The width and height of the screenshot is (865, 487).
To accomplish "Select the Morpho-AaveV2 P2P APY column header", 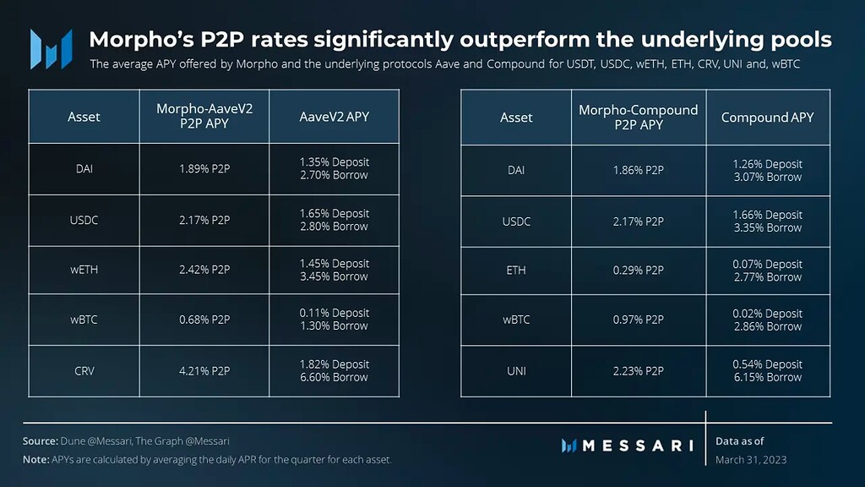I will coord(204,116).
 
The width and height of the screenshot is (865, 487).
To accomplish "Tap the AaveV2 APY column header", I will coord(334,117).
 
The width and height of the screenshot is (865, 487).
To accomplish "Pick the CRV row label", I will coord(84,371).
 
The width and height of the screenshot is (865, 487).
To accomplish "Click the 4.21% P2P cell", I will coord(204,371).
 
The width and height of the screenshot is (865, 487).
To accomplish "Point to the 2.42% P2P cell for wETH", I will coord(204,271).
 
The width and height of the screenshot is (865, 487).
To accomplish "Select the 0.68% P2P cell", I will coord(204,320).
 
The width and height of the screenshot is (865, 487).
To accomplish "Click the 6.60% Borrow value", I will coord(334,378).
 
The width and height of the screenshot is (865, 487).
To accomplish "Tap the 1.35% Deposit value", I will coord(334,161).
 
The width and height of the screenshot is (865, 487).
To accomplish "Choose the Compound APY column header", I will coord(767,118).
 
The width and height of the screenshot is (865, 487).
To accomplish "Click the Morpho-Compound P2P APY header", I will coord(638,118).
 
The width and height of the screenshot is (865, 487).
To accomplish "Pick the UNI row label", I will coord(516,371).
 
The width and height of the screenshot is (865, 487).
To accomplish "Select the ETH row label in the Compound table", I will coord(516,271).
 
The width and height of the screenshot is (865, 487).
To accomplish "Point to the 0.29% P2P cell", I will coord(638,271).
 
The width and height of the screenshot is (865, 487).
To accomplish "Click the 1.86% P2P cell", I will coord(638,170).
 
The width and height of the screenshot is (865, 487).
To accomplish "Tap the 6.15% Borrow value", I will coord(767,378).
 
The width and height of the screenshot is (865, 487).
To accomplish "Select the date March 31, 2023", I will coord(750,459).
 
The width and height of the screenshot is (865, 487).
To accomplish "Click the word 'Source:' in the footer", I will coord(40,441).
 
